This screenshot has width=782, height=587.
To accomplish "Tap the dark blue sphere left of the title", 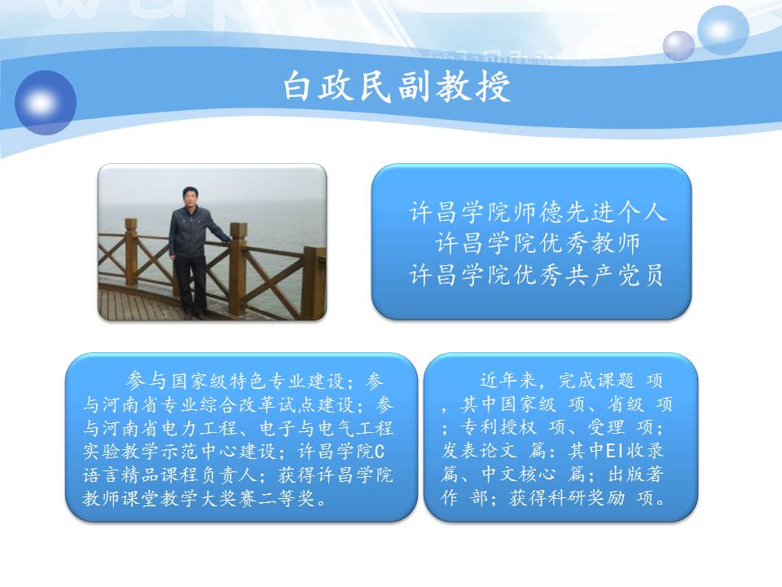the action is coord(46,103).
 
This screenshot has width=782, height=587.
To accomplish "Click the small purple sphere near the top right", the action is coord(679,46).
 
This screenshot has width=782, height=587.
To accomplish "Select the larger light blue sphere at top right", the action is coord(723,29).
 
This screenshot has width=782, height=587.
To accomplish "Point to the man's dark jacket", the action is coord(192,232).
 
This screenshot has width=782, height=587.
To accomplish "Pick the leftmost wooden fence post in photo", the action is coord(131,252).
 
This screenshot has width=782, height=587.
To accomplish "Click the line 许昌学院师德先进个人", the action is coord(538,212).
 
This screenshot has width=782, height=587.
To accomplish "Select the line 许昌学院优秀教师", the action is coord(538,244).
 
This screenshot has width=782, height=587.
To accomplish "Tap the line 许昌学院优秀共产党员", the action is coord(537,275).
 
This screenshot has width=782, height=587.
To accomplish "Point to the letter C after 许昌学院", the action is coord(379,452).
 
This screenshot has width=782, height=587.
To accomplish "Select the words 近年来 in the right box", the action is coord(508,381).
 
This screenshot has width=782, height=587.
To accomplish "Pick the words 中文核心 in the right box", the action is coord(519,474).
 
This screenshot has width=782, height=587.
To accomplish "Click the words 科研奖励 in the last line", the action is coord(567,498).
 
